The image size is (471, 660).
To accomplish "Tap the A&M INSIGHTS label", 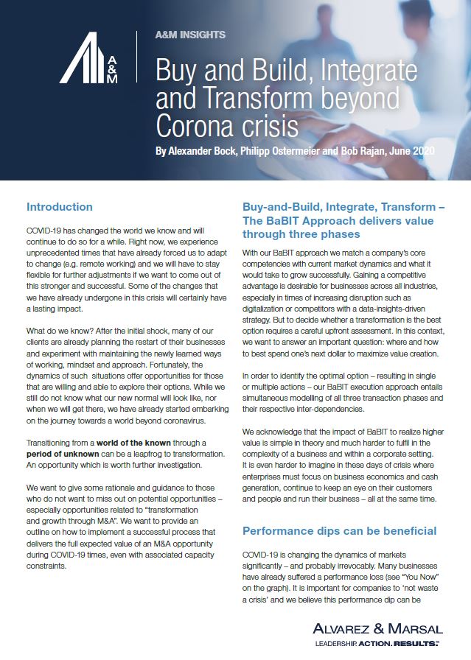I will [191, 35].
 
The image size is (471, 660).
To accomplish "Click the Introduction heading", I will [59, 207].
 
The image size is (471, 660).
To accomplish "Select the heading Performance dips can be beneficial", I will [339, 530].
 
